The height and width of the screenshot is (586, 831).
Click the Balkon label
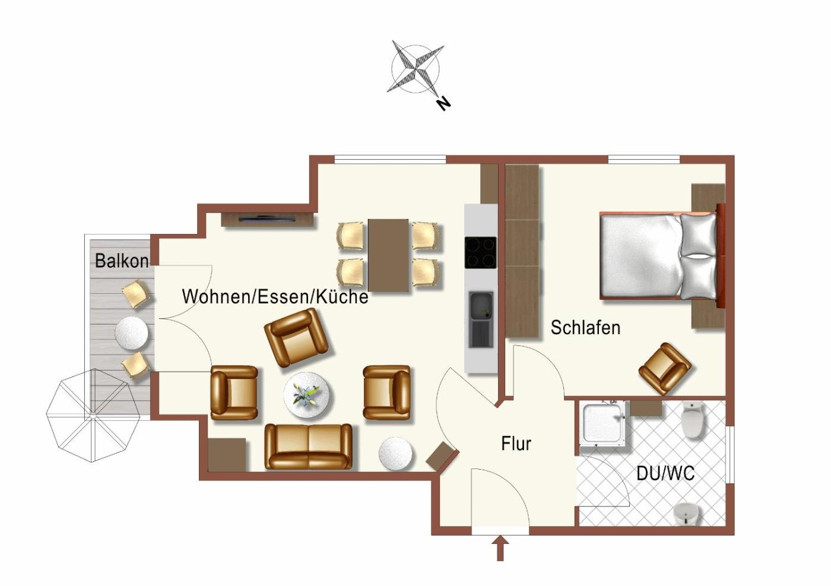[122, 261]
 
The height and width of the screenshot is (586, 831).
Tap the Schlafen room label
[585, 327]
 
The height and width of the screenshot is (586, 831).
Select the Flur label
[516, 444]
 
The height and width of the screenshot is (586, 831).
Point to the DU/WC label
[665, 474]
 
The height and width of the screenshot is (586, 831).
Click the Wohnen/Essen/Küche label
[275, 296]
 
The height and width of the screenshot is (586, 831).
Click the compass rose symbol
[415, 69]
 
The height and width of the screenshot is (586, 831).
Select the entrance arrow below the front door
[500, 547]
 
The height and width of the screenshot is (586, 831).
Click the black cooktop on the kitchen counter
[480, 252]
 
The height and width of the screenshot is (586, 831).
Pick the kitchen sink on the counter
[481, 319]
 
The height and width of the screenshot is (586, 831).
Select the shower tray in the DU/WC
[603, 424]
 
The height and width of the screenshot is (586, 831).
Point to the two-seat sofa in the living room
[309, 446]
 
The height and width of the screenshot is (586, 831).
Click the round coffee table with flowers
[307, 395]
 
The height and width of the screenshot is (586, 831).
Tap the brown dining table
[388, 255]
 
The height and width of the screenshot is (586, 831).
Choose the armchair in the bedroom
[665, 369]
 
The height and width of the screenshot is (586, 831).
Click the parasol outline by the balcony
[93, 416]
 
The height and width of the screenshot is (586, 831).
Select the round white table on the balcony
[132, 333]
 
